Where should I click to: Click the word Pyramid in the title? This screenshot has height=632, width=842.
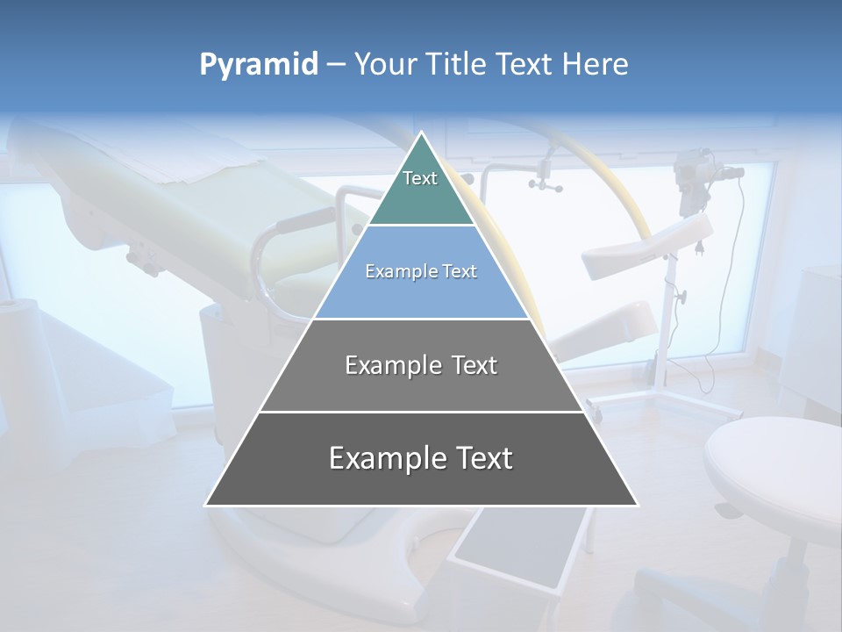click(x=258, y=64)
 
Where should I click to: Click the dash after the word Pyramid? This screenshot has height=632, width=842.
click(x=336, y=65)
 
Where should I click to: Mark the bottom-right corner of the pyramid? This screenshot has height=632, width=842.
click(x=637, y=505)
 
